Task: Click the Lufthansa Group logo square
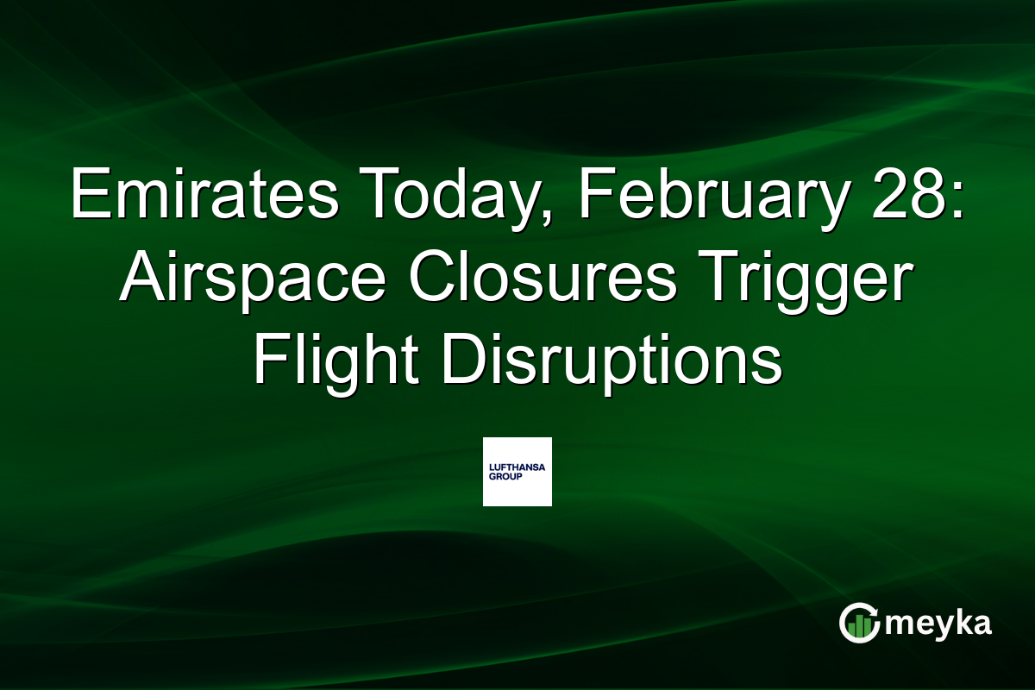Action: pyautogui.click(x=517, y=471)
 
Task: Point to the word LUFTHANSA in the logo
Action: pyautogui.click(x=517, y=466)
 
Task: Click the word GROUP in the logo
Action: pyautogui.click(x=505, y=475)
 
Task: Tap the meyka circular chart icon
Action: pyautogui.click(x=860, y=624)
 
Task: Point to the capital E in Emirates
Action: pyautogui.click(x=86, y=195)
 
